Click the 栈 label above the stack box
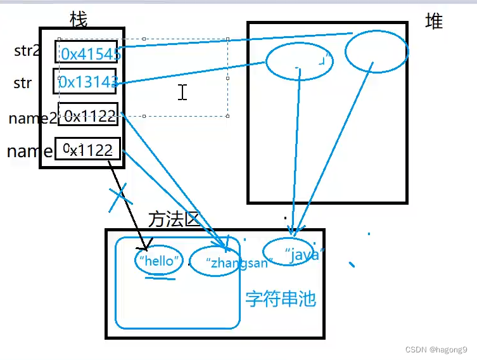[79, 20]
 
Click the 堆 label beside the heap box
[434, 22]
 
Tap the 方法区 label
[174, 219]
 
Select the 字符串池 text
[280, 299]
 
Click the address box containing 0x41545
[87, 54]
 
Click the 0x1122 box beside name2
[88, 115]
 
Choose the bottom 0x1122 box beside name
[87, 149]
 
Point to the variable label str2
[27, 51]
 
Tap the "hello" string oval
[158, 260]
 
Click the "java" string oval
[289, 251]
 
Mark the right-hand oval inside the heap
[376, 52]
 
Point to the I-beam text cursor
[182, 93]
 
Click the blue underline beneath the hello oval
[161, 277]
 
